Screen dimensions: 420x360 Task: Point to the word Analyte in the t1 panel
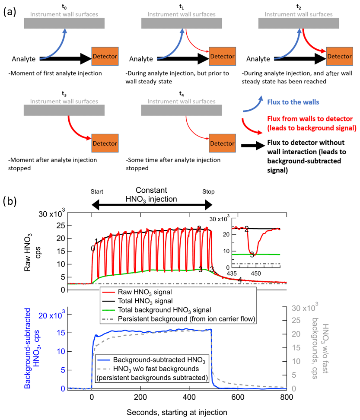click(140, 59)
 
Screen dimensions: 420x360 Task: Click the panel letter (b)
click(10, 201)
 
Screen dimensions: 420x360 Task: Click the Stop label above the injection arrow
click(208, 191)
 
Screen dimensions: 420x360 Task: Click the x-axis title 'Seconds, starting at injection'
click(177, 412)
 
